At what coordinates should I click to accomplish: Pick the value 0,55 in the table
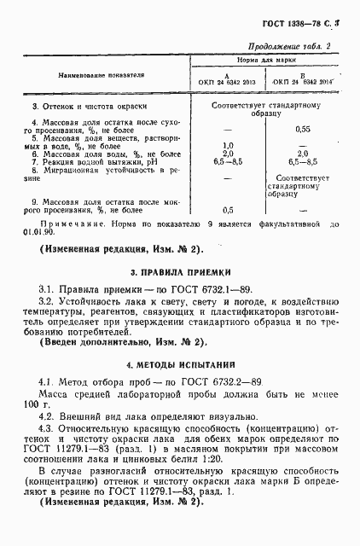click(301, 129)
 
